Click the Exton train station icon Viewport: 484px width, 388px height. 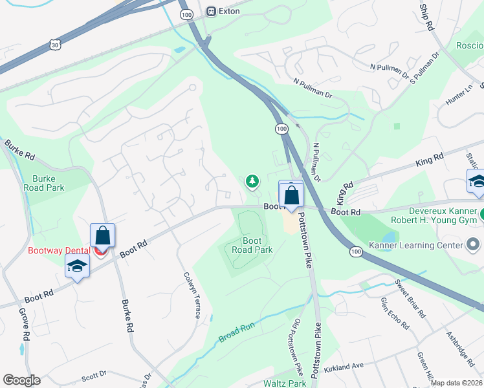pos(210,11)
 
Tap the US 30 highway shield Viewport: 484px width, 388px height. pos(55,44)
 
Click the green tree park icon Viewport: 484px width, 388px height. pos(252,182)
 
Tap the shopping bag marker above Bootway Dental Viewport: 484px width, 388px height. pos(102,235)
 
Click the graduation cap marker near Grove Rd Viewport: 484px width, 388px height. pos(77,266)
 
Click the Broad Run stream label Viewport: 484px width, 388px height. pos(237,333)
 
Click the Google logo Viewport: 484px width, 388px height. pos(21,380)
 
